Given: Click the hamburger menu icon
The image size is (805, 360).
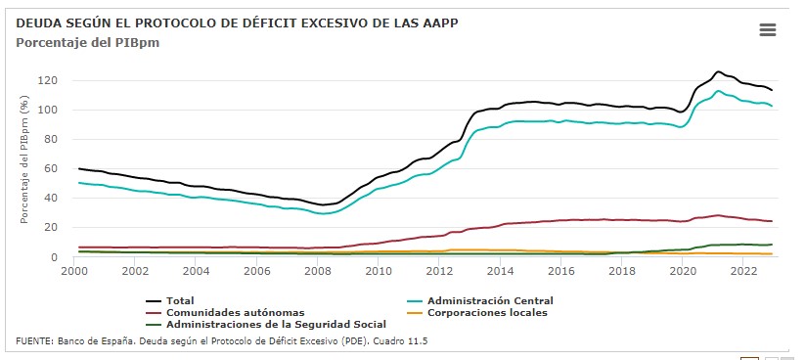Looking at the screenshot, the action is coord(768,30).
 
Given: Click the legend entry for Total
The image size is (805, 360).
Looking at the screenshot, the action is coord(170,301).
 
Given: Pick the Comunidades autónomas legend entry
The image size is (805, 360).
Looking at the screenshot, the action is coord(225,312).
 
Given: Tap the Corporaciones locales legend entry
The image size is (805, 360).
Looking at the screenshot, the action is coord(477,312).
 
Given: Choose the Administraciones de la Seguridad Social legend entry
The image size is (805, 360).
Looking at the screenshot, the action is coord(266,324).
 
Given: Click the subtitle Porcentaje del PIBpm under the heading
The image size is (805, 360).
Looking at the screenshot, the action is coord(88,43).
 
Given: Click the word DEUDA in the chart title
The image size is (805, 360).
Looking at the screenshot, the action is coord(33,23).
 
